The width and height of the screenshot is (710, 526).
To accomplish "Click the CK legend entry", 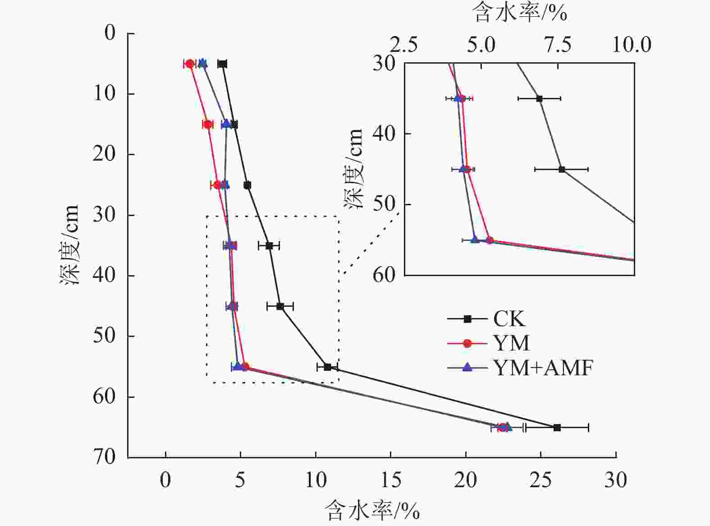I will coord(508,319).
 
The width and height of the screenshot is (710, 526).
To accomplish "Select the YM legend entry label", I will coord(511,343).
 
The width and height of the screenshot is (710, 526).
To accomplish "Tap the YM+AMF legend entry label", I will coord(543,368).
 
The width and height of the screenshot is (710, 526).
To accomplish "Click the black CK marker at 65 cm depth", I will coord(557,427).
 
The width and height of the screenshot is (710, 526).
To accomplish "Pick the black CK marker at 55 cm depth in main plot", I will coord(327,367).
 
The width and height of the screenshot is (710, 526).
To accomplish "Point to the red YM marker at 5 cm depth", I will coord(190,64).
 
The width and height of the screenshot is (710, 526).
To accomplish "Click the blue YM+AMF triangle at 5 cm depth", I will coord(203,63).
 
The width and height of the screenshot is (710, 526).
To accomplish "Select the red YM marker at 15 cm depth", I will coord(207,125).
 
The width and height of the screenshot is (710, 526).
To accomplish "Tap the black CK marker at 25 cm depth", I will coord(247,185).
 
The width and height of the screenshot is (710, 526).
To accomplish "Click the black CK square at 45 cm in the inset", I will coord(562,169).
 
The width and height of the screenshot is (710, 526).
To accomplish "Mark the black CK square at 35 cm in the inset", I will coord(539,98).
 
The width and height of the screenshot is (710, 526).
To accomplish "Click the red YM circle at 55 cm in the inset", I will coord(490,240).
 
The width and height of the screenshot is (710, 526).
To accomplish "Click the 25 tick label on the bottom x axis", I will coord(541,480).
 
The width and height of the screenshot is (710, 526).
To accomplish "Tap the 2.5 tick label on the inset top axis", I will coord(404,45).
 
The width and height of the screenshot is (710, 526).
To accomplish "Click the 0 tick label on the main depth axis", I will coord(110,33).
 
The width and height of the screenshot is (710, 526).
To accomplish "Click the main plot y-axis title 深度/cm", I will coord(70,245).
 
